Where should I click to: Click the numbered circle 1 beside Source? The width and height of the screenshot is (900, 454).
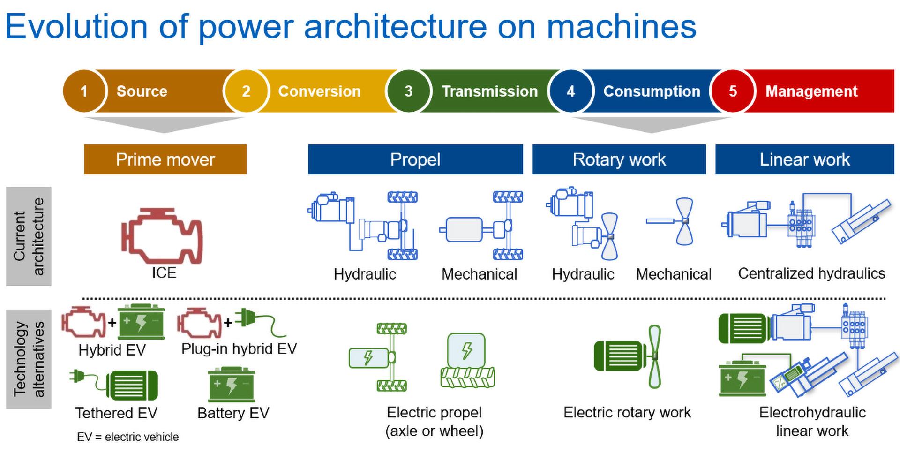click(84, 91)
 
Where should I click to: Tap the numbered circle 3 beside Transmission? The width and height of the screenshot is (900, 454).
click(408, 91)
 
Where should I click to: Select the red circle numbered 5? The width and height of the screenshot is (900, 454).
click(733, 91)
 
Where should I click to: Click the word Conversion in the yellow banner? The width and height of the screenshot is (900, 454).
click(319, 91)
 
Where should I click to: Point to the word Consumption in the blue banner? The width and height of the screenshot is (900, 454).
click(652, 91)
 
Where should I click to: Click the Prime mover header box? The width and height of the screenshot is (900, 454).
click(165, 159)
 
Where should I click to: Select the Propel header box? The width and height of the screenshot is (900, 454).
click(415, 159)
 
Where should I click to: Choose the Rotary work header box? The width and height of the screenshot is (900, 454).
click(619, 159)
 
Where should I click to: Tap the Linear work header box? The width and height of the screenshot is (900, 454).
click(805, 159)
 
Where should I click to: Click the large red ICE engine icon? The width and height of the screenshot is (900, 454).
click(162, 236)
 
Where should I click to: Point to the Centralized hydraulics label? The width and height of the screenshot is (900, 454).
click(811, 273)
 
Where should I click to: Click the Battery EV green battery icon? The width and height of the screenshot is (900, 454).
click(232, 385)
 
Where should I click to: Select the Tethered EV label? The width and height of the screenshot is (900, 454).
click(116, 413)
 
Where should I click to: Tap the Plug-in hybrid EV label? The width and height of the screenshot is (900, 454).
click(239, 348)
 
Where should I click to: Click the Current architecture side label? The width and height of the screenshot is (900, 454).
click(29, 236)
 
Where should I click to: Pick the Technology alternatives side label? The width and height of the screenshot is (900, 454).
click(29, 359)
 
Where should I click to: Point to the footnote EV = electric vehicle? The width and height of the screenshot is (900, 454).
click(128, 437)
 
